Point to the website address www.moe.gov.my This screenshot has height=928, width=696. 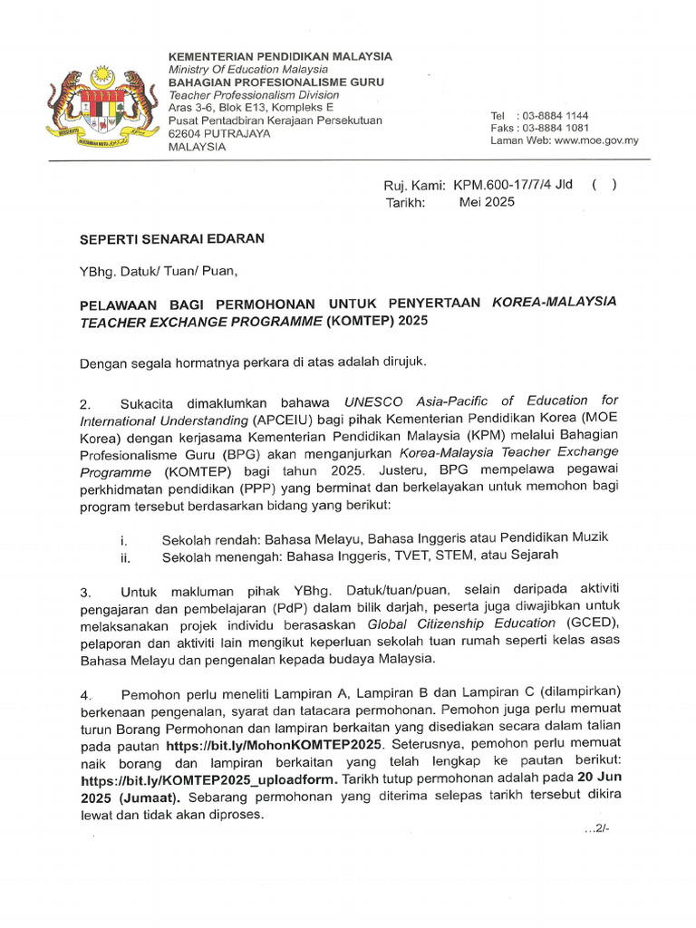596,140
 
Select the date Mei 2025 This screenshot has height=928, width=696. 487,202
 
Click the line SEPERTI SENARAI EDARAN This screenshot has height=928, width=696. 172,239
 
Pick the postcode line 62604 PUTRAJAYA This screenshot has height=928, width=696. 220,133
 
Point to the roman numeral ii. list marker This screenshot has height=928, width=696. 125,557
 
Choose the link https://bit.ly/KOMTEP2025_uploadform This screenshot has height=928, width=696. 209,780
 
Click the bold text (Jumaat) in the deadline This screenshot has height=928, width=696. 150,797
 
